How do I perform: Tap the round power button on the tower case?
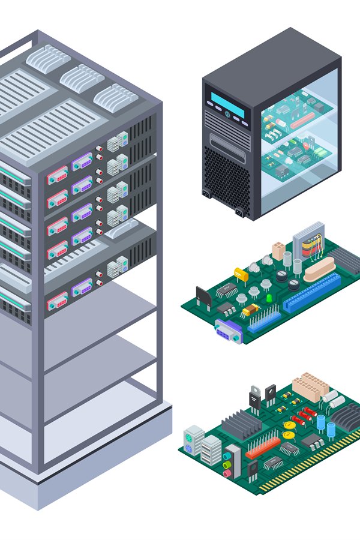coord(227,115)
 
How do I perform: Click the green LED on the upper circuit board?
coord(269,298)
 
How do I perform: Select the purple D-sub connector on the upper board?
coord(229,331)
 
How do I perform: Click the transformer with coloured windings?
coord(308,241)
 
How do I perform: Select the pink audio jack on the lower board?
coord(227,473)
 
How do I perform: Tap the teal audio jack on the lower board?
coord(227,457)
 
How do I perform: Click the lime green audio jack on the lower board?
coord(227,465)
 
